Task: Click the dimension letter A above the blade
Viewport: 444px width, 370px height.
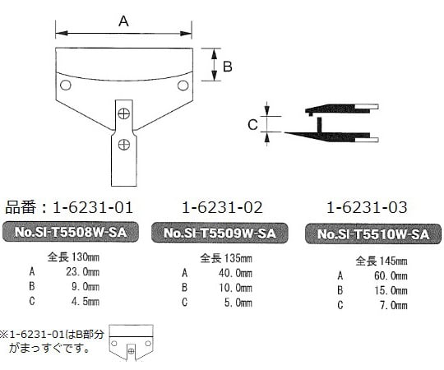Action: tap(123, 22)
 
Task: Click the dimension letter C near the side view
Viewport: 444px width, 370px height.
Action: tap(253, 124)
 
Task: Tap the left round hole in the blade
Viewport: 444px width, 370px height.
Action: tap(66, 86)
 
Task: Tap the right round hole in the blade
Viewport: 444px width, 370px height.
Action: tap(182, 85)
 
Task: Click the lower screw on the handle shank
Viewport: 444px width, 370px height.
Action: tap(123, 145)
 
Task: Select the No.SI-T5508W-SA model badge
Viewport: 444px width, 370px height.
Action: tap(72, 233)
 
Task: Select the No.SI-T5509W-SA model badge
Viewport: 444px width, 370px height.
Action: tap(219, 233)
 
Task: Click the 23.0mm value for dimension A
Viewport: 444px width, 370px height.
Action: tap(82, 271)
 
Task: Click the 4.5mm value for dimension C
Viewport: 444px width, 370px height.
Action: tap(85, 301)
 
